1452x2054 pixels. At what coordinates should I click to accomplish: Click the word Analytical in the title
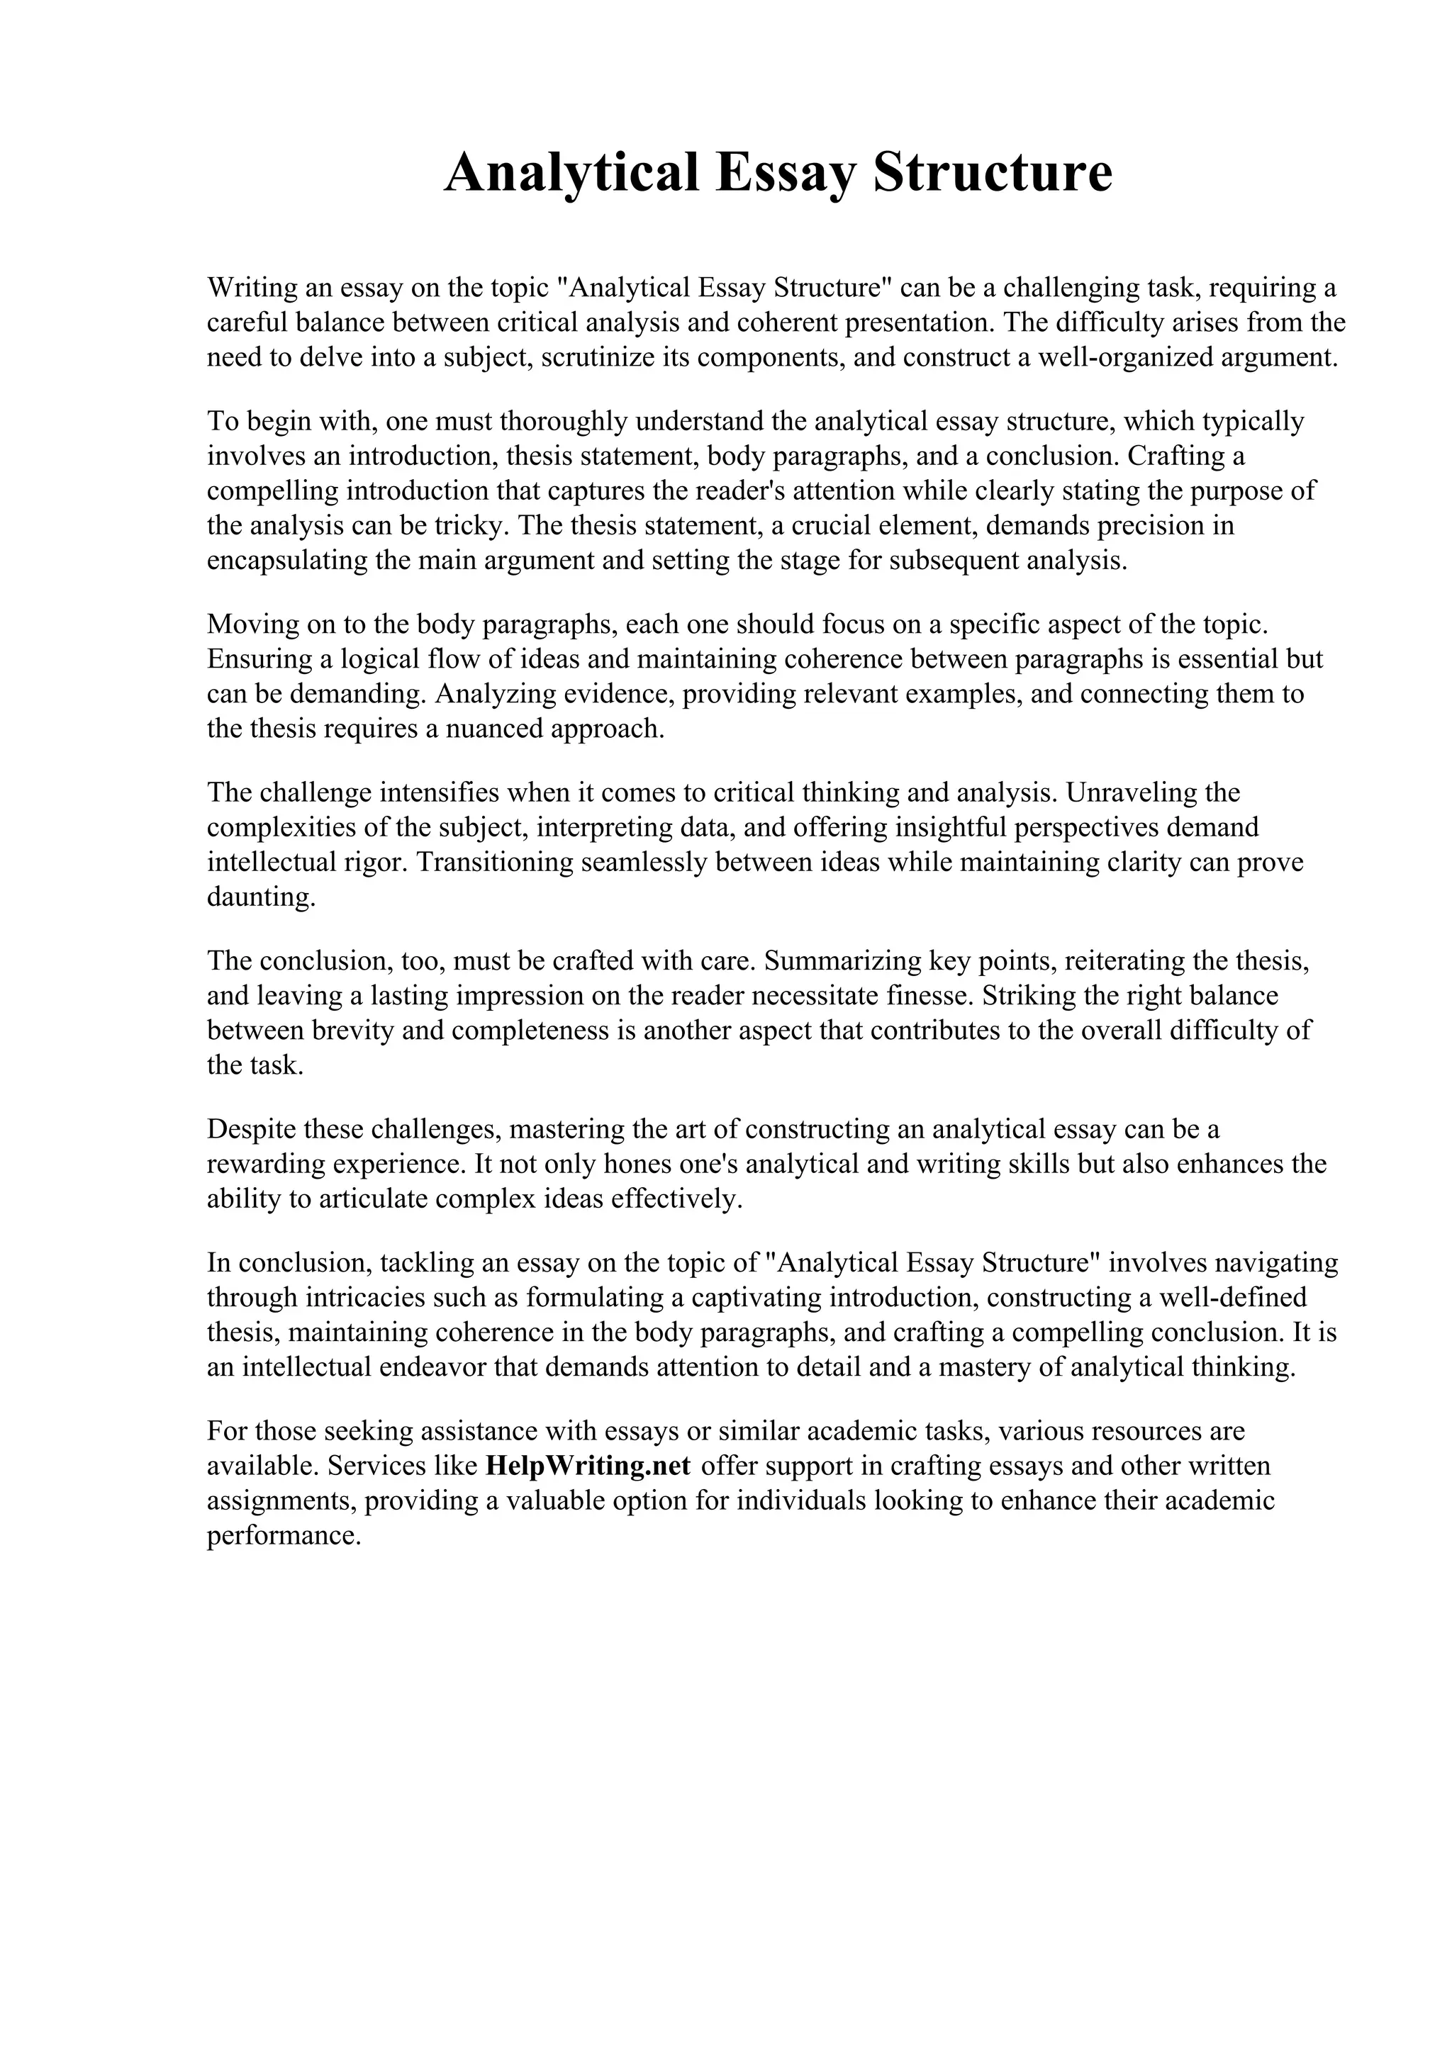point(571,173)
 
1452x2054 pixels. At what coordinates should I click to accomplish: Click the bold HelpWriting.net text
point(588,1466)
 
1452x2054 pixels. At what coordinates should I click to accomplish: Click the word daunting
point(261,897)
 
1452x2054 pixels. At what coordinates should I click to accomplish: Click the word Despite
point(252,1129)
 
